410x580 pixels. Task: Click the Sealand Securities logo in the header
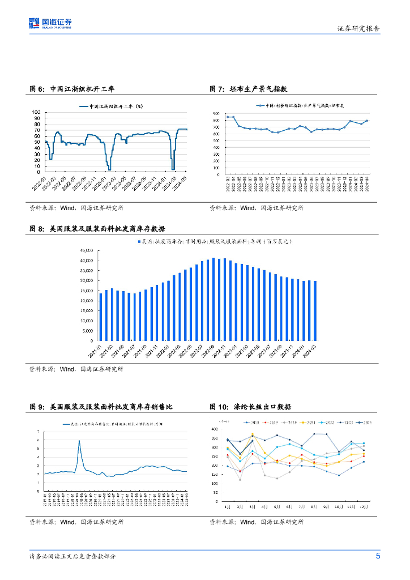click(x=50, y=24)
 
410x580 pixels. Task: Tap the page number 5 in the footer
click(x=378, y=556)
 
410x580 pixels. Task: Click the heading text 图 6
click(x=37, y=89)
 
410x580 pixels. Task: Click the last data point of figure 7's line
click(x=367, y=121)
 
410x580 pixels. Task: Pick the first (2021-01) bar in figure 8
click(x=101, y=317)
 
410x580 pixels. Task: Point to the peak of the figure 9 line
click(x=79, y=440)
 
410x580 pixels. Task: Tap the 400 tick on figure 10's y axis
click(x=214, y=429)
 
